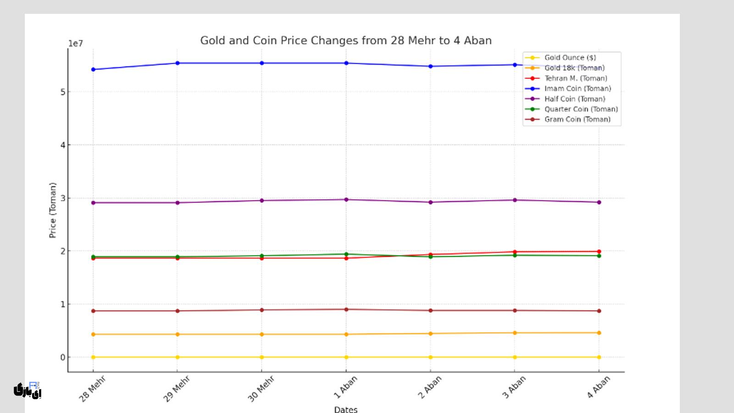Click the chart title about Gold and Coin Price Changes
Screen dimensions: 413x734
click(x=345, y=40)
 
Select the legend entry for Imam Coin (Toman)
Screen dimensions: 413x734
click(x=577, y=89)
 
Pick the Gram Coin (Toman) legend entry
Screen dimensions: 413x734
click(x=577, y=119)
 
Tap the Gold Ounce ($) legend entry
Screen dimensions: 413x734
click(x=570, y=57)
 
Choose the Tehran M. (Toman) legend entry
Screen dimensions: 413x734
click(x=575, y=78)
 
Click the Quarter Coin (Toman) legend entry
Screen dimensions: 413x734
click(x=581, y=109)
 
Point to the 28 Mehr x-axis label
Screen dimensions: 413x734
click(x=92, y=389)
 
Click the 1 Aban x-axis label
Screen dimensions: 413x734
click(x=345, y=387)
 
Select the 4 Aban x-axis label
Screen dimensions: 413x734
click(x=598, y=387)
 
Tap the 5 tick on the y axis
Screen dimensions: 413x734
click(x=63, y=92)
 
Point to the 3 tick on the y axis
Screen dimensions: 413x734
click(x=63, y=198)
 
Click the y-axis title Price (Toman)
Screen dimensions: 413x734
click(x=53, y=210)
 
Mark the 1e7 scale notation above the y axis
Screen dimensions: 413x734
click(x=76, y=44)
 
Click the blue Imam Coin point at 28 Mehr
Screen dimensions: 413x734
click(x=93, y=69)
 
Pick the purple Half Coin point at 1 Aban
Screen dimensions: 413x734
click(x=346, y=200)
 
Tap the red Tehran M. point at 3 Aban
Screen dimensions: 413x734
click(x=515, y=252)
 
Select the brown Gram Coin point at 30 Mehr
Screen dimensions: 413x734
click(x=262, y=310)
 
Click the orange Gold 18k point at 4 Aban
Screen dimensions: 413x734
click(x=599, y=333)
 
